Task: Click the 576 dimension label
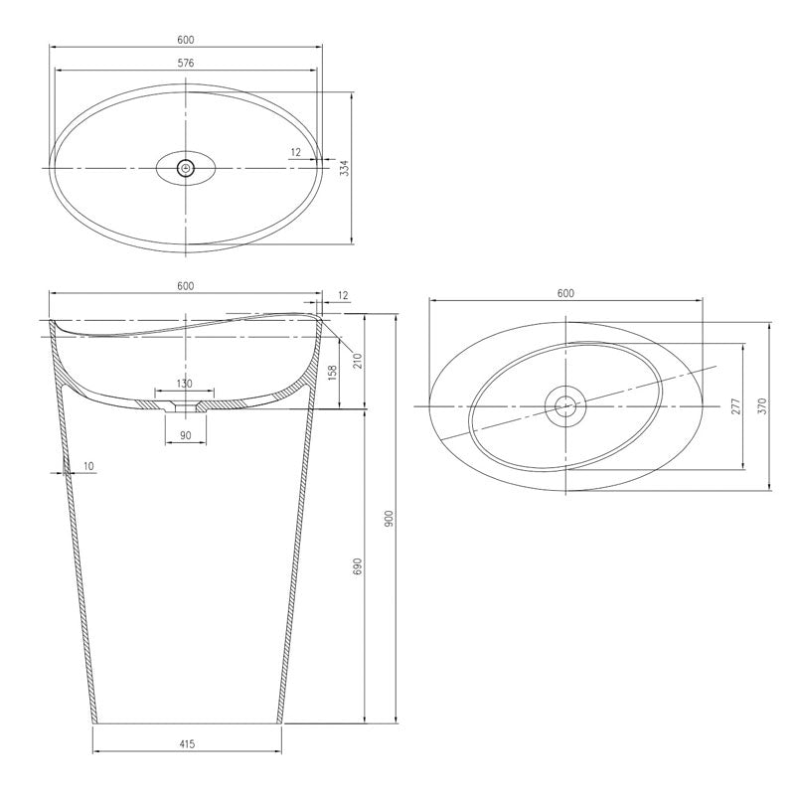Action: (186, 63)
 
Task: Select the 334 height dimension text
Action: (345, 168)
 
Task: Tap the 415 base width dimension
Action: (186, 742)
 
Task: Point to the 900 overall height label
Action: (389, 518)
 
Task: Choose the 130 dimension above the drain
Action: (185, 384)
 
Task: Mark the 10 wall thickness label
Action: (88, 465)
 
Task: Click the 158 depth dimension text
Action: (332, 374)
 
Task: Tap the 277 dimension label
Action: (736, 406)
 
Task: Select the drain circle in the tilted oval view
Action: (565, 404)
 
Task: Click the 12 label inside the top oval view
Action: (296, 152)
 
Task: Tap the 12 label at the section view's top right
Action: (344, 295)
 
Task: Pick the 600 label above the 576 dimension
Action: (186, 40)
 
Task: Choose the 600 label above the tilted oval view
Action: (565, 293)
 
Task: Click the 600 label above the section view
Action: (186, 286)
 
